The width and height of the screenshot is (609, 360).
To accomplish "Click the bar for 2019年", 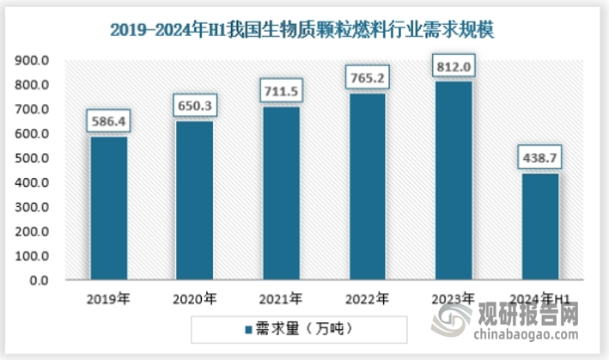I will (108, 209).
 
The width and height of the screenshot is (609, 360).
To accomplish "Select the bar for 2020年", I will (194, 201).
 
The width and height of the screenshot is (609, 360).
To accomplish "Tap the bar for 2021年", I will (280, 193).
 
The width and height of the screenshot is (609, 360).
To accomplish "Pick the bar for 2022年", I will (367, 187).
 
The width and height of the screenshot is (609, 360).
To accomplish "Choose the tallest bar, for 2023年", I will (454, 181).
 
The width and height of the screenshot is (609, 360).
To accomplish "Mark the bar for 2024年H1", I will (539, 227).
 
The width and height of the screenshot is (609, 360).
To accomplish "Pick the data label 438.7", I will (539, 159).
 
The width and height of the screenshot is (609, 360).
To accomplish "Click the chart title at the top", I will (304, 29).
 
